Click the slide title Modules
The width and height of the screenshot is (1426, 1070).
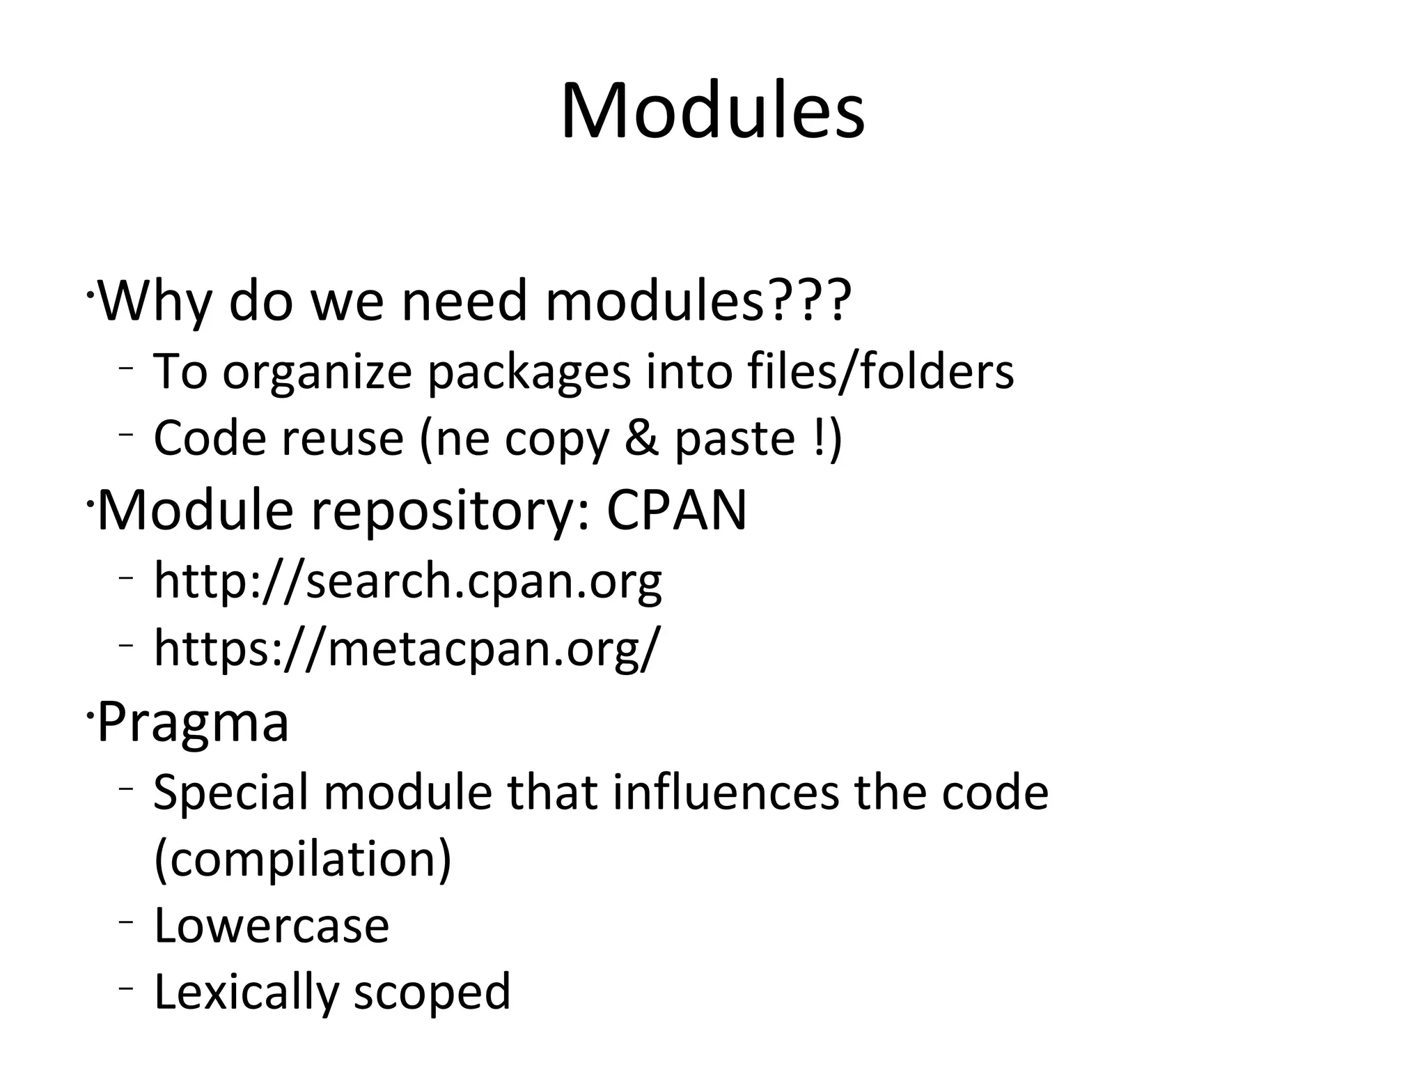tap(712, 111)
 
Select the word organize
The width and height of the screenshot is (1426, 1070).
tap(318, 372)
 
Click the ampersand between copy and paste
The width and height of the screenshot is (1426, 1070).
tap(641, 438)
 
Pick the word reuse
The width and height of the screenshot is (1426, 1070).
tap(342, 439)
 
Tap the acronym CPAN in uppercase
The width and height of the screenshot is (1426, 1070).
tap(676, 510)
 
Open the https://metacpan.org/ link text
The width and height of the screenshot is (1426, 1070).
tap(405, 648)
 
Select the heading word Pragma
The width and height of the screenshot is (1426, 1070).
tap(193, 722)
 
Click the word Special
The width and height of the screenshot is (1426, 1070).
tap(230, 793)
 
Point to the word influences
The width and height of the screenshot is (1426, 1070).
tap(726, 792)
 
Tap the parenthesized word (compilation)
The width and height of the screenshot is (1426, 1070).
tap(302, 859)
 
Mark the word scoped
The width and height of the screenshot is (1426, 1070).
tap(432, 992)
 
